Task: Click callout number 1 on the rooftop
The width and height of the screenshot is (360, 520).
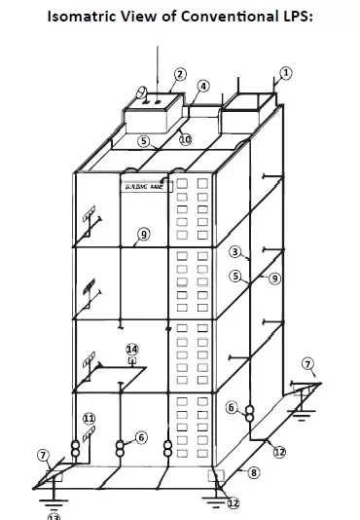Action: tap(285, 72)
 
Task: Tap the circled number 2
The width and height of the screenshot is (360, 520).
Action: tap(180, 74)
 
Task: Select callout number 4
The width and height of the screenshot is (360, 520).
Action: tap(202, 87)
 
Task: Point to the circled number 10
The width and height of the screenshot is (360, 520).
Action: tap(185, 139)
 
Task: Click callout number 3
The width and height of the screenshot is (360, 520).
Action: tap(234, 251)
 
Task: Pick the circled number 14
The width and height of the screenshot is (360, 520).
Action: tap(132, 349)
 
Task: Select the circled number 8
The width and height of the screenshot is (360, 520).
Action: tap(255, 473)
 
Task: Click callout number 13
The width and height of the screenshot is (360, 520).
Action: tap(54, 516)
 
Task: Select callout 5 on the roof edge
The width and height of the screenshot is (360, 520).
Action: tap(143, 141)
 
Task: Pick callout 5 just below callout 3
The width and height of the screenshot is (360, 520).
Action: tap(234, 277)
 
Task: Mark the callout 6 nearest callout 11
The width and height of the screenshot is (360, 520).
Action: tap(141, 438)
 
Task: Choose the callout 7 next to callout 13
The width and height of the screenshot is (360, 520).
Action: tap(43, 456)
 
